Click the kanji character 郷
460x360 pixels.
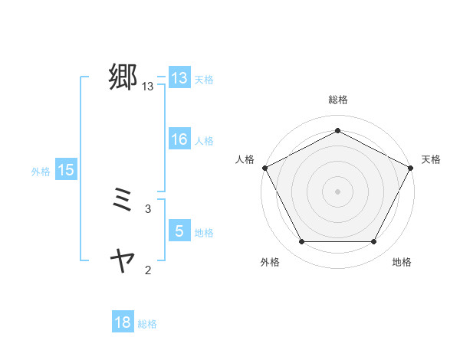click(x=123, y=77)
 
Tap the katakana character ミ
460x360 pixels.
click(x=123, y=202)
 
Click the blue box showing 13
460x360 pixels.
click(x=179, y=78)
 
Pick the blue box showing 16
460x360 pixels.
click(x=179, y=139)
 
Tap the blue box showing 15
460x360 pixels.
click(x=66, y=170)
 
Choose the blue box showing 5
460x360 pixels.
click(x=179, y=231)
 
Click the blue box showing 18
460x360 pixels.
click(x=123, y=322)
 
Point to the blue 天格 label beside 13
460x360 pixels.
click(x=204, y=80)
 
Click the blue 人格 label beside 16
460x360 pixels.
click(x=204, y=141)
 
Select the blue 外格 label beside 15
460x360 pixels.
click(x=41, y=172)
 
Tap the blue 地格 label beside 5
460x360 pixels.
click(x=204, y=232)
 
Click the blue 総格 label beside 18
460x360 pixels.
click(x=147, y=324)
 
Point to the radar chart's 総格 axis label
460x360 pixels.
click(x=337, y=100)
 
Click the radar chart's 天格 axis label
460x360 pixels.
click(x=431, y=159)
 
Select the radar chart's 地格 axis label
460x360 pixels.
click(x=402, y=262)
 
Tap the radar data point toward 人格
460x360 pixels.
click(x=264, y=167)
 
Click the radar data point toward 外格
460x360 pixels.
click(x=301, y=242)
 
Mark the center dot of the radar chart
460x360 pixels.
click(x=337, y=191)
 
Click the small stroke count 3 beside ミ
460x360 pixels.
click(x=147, y=208)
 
